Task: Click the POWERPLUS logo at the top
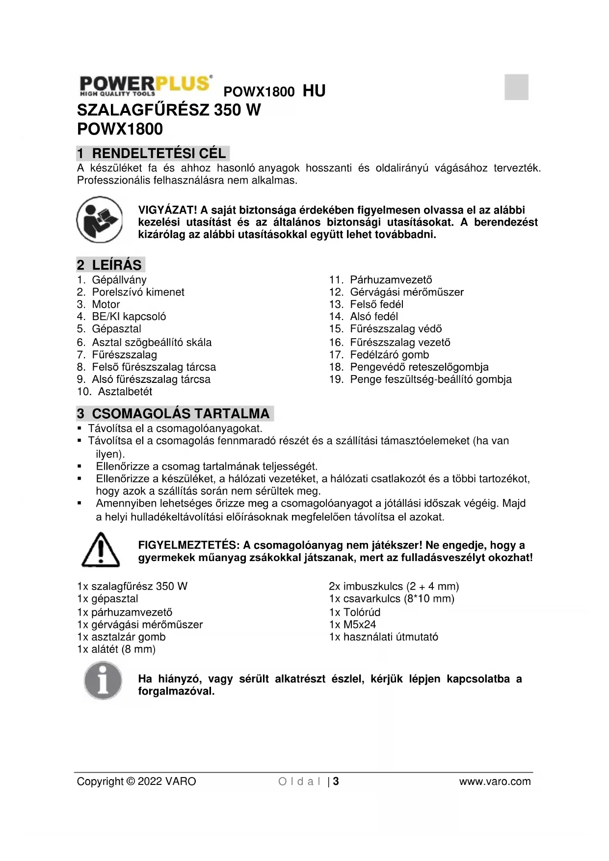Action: pos(146,86)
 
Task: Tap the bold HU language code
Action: pos(314,91)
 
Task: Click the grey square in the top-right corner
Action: pos(516,87)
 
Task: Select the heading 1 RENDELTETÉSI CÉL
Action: pos(153,153)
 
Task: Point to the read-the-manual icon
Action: pos(100,220)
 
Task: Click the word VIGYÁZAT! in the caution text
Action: pos(167,211)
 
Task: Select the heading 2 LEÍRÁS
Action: pos(110,265)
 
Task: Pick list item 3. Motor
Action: pos(98,304)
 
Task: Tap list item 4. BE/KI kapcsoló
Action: pos(121,317)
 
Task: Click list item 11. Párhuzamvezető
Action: pos(380,280)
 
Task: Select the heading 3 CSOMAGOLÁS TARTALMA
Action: pos(174,413)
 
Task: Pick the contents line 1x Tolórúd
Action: pos(354,612)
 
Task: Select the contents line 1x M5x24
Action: pos(352,624)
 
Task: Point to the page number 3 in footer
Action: pos(336,781)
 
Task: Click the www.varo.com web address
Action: pos(495,781)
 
